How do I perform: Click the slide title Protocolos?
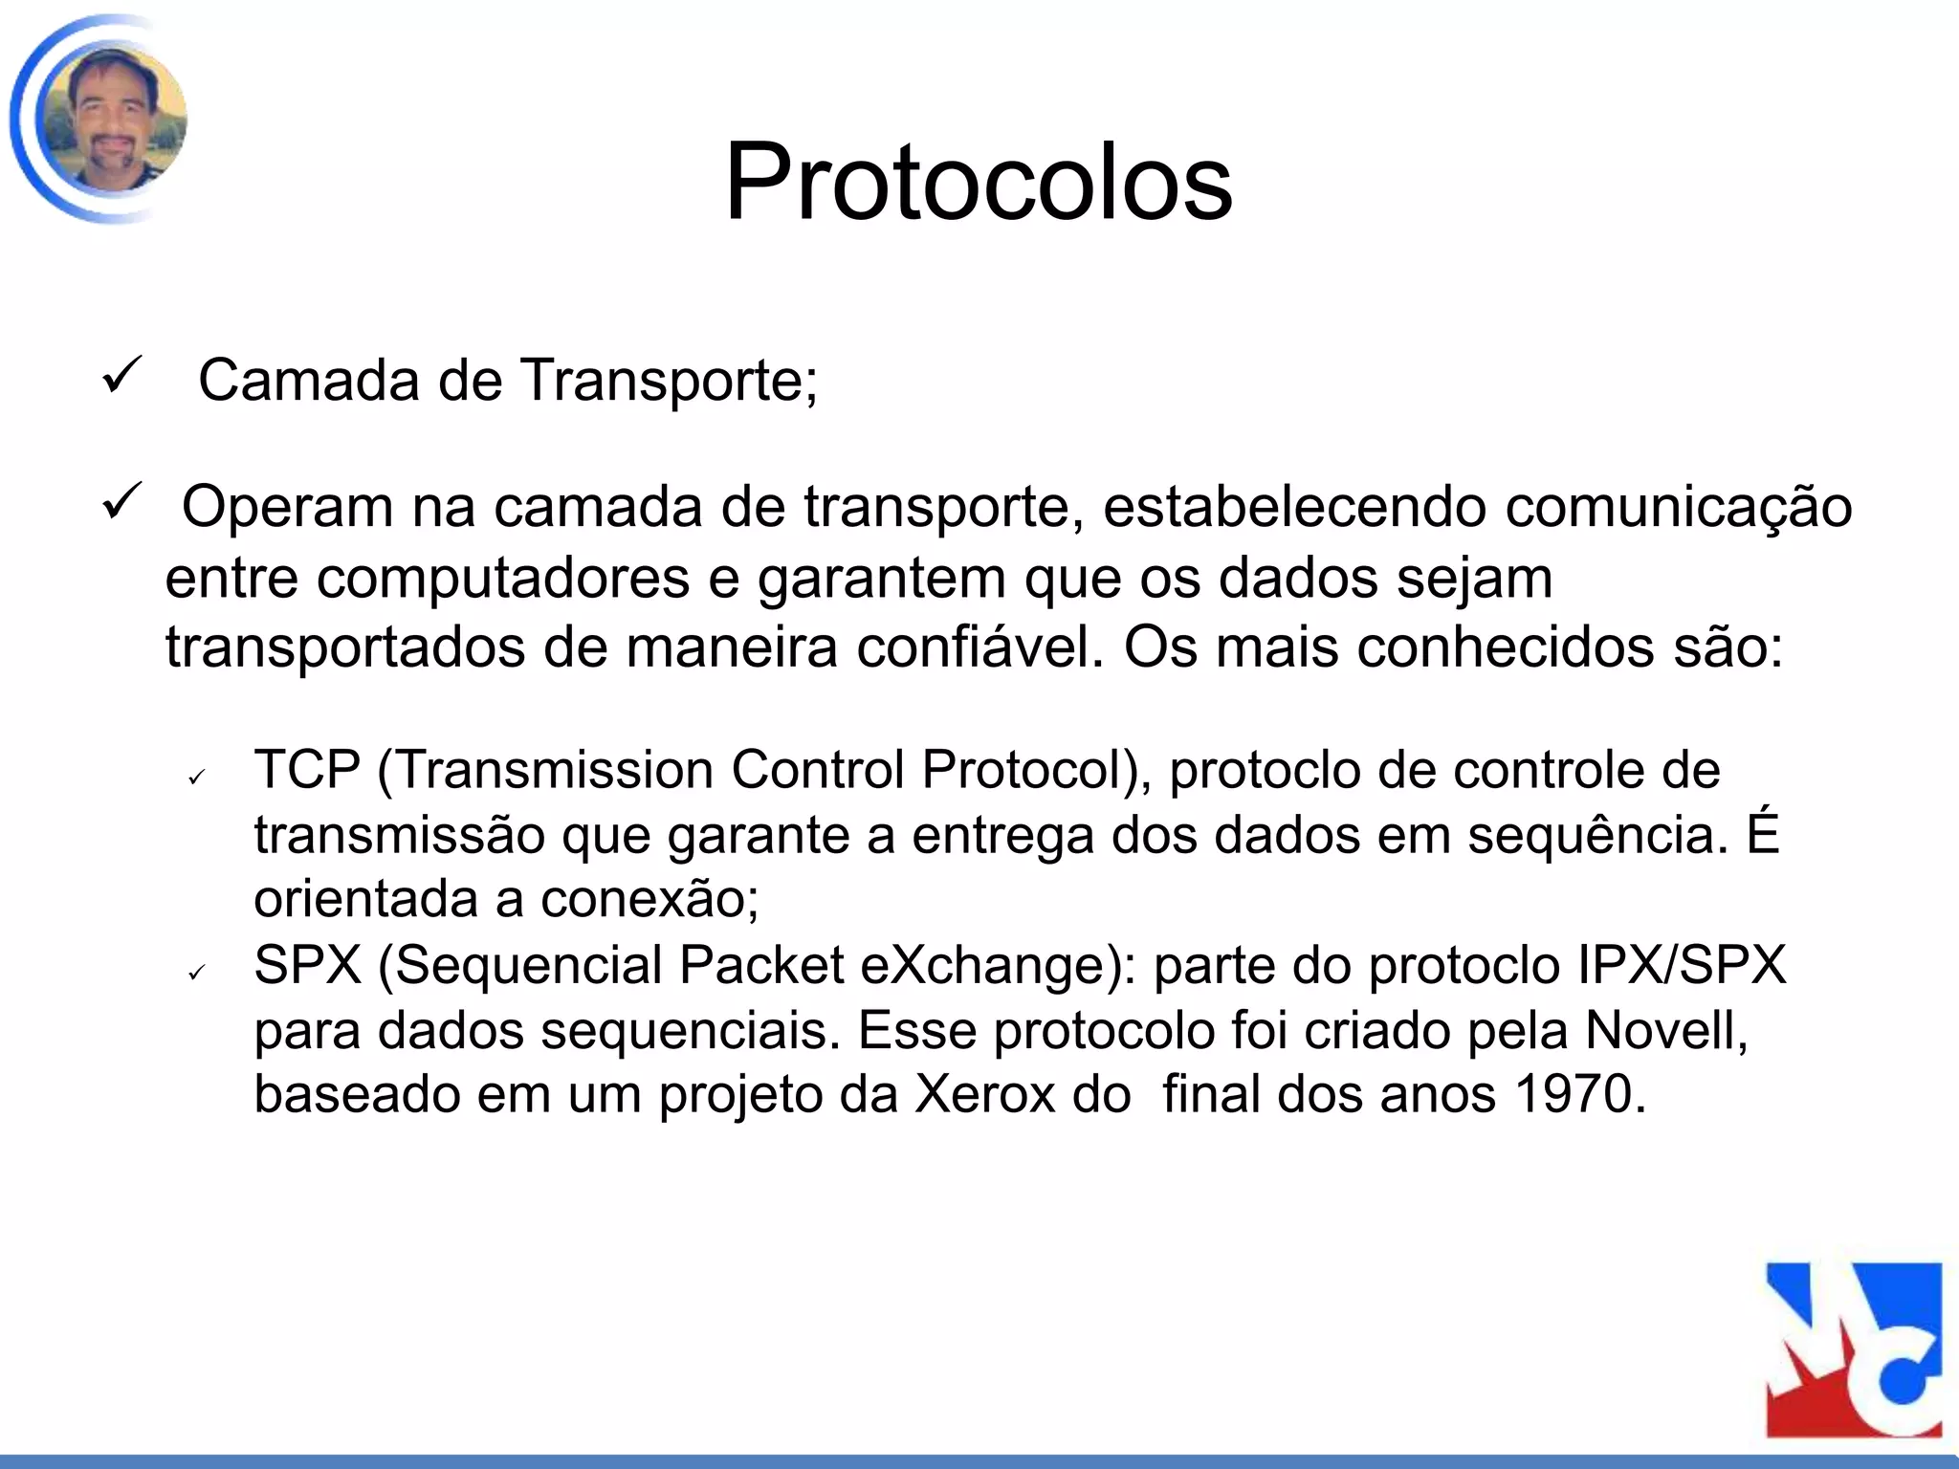click(x=979, y=182)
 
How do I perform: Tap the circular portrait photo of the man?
click(x=111, y=120)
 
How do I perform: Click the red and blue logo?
click(x=1853, y=1349)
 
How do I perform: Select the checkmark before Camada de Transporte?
click(x=122, y=375)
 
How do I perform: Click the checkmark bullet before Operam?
click(x=122, y=501)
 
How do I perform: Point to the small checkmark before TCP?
click(x=197, y=778)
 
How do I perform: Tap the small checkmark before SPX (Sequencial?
click(x=197, y=973)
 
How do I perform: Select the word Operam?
click(x=287, y=507)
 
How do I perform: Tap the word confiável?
click(x=979, y=647)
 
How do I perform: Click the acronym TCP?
click(x=307, y=770)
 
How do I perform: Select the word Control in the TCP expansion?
click(x=818, y=770)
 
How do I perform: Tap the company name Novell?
click(x=1665, y=1030)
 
